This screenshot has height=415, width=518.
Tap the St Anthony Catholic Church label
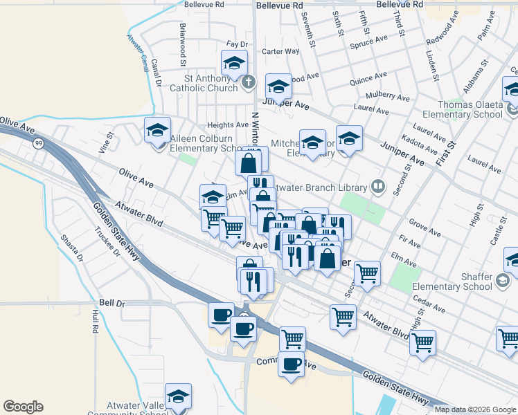(x=204, y=83)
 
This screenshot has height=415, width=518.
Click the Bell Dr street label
(x=111, y=302)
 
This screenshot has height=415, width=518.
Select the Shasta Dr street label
(x=71, y=247)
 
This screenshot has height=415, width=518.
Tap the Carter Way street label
(x=280, y=51)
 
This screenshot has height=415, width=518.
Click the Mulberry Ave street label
(x=390, y=96)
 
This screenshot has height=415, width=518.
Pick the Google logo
(x=23, y=407)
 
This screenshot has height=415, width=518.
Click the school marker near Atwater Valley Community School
(x=178, y=398)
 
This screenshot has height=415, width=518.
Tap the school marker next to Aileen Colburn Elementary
(x=157, y=129)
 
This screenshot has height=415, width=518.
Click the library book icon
(x=378, y=185)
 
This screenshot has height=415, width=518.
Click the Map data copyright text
(x=475, y=409)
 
